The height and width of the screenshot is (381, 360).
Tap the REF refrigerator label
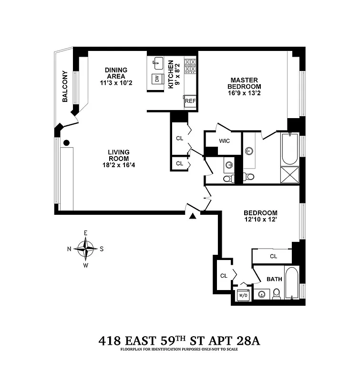[x=190, y=101]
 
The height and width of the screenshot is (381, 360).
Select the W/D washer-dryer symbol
[x=243, y=295]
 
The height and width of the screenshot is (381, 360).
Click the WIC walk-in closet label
[x=225, y=141]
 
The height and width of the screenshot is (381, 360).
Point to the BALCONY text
[x=65, y=87]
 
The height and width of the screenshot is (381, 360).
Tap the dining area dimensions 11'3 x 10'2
[x=115, y=82]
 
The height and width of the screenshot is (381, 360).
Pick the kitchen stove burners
[x=190, y=66]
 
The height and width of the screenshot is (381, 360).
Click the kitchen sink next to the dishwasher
[x=158, y=62]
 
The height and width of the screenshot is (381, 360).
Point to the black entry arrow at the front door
[x=193, y=217]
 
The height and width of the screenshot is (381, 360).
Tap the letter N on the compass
[x=69, y=249]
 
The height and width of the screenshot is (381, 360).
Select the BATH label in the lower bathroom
[x=274, y=279]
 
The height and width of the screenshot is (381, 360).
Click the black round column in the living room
[x=67, y=142]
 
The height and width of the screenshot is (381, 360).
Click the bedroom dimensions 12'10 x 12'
[x=260, y=221]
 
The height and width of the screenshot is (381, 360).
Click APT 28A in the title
[x=232, y=341]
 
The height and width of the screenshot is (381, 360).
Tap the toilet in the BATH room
[x=276, y=294]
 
